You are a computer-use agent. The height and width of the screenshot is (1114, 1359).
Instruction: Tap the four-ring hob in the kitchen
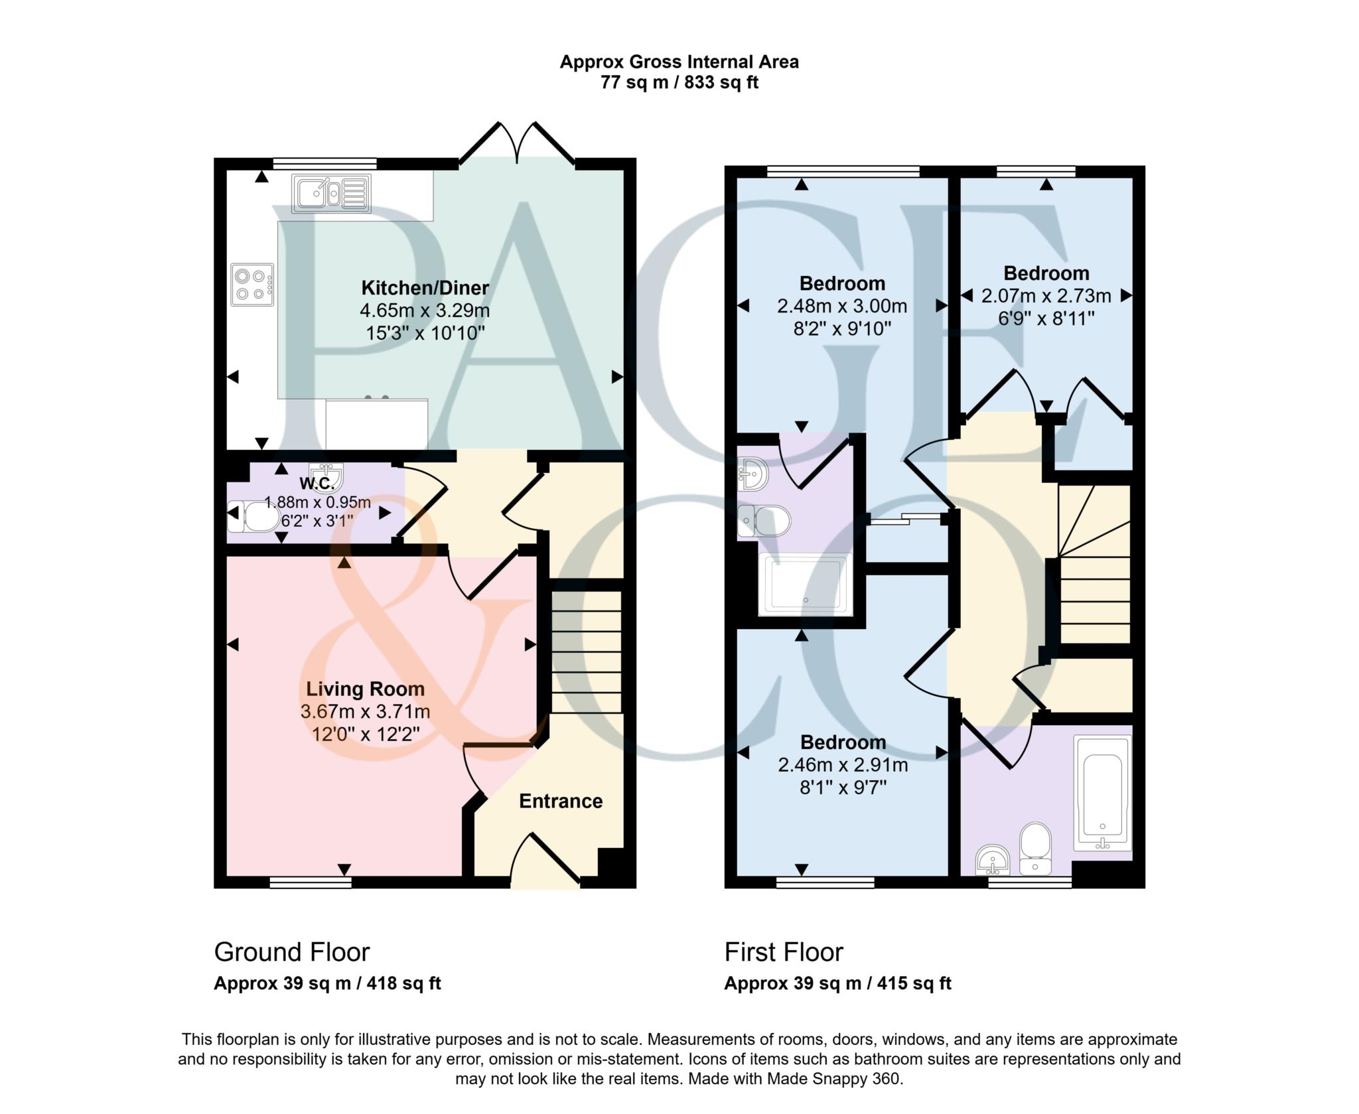pyautogui.click(x=252, y=285)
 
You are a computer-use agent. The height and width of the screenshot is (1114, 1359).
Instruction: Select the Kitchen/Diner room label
pyautogui.click(x=425, y=288)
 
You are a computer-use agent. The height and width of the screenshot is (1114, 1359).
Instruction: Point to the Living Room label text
pyautogui.click(x=365, y=689)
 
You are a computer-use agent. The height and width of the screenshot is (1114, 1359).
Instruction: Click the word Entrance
pyautogui.click(x=561, y=801)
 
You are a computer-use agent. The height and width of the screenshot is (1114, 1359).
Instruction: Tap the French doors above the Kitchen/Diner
pyautogui.click(x=517, y=142)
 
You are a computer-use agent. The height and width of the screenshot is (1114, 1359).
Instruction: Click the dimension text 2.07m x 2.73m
pyautogui.click(x=1046, y=296)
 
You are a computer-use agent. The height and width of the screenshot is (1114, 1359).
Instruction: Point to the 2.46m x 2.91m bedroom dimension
pyautogui.click(x=843, y=765)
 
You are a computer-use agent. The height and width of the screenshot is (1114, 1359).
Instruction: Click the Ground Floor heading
pyautogui.click(x=291, y=952)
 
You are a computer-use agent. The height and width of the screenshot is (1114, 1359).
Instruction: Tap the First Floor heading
pyautogui.click(x=783, y=952)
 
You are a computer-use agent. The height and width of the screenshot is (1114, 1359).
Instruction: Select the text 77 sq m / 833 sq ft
pyautogui.click(x=679, y=83)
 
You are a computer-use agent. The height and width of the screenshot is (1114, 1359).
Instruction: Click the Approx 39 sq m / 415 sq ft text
pyautogui.click(x=837, y=983)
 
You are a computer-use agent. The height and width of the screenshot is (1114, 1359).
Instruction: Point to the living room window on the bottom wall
pyautogui.click(x=311, y=882)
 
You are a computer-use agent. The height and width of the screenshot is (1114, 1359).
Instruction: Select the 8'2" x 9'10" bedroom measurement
pyautogui.click(x=842, y=329)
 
